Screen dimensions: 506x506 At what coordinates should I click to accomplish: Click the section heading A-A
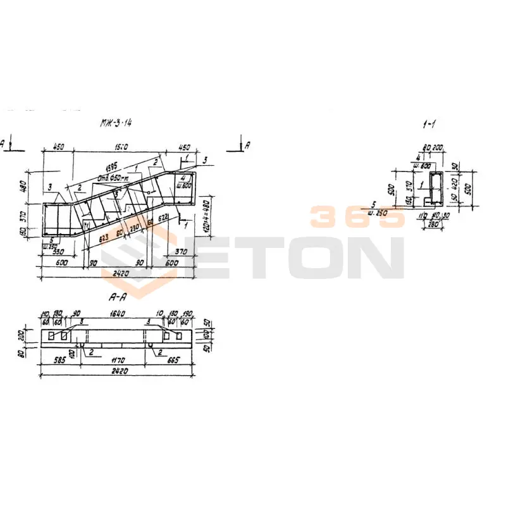click(x=118, y=296)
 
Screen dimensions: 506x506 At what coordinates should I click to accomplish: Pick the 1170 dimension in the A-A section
click(x=118, y=361)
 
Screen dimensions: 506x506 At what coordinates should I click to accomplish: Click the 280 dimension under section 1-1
click(x=433, y=224)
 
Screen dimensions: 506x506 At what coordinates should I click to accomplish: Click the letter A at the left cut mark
click(x=4, y=144)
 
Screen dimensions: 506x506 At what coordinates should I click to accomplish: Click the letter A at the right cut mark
click(x=247, y=145)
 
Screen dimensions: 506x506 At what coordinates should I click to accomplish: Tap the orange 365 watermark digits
click(x=356, y=217)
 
